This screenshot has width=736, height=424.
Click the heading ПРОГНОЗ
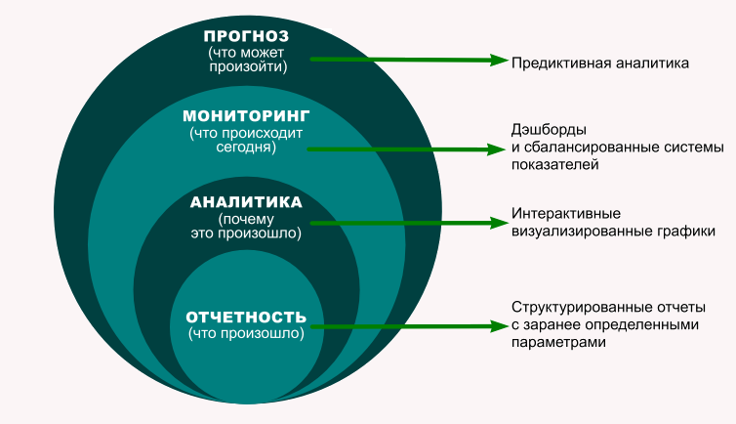[x=248, y=35]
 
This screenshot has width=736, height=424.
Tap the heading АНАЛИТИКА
[x=246, y=202]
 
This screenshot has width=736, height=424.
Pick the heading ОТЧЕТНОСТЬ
[x=246, y=318]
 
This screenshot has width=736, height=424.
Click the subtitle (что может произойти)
[x=248, y=60]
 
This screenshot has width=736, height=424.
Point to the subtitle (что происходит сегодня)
[x=246, y=140]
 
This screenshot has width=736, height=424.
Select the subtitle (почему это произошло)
[x=246, y=227]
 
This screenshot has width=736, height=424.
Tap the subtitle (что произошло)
[x=246, y=334]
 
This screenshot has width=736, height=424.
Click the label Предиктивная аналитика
[x=600, y=63]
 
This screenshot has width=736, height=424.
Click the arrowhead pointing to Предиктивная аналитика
[x=493, y=60]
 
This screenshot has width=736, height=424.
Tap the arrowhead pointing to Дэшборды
[x=493, y=149]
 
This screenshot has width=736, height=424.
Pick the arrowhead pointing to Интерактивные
[x=493, y=223]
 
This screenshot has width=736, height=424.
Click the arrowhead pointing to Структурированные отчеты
[x=493, y=326]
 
